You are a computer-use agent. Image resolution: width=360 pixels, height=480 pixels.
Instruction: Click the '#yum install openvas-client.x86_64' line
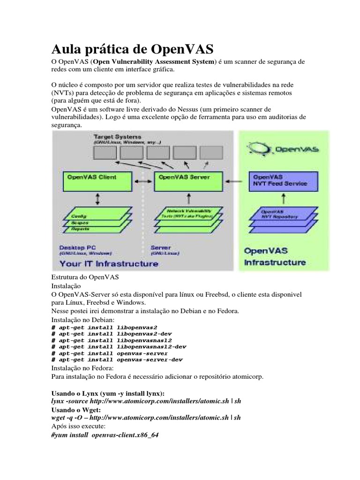(104, 435)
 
